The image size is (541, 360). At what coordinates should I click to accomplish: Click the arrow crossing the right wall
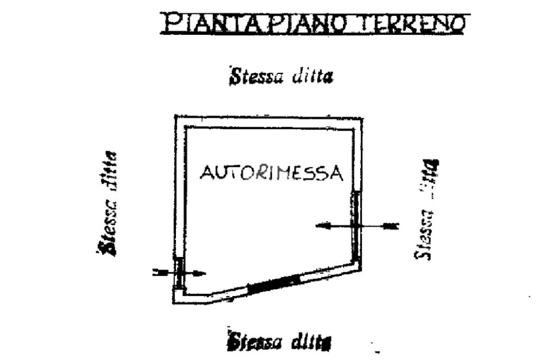point(357,225)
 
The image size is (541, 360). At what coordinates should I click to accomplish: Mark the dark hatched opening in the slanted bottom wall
point(275,283)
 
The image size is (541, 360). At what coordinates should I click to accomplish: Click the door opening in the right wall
point(357,224)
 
